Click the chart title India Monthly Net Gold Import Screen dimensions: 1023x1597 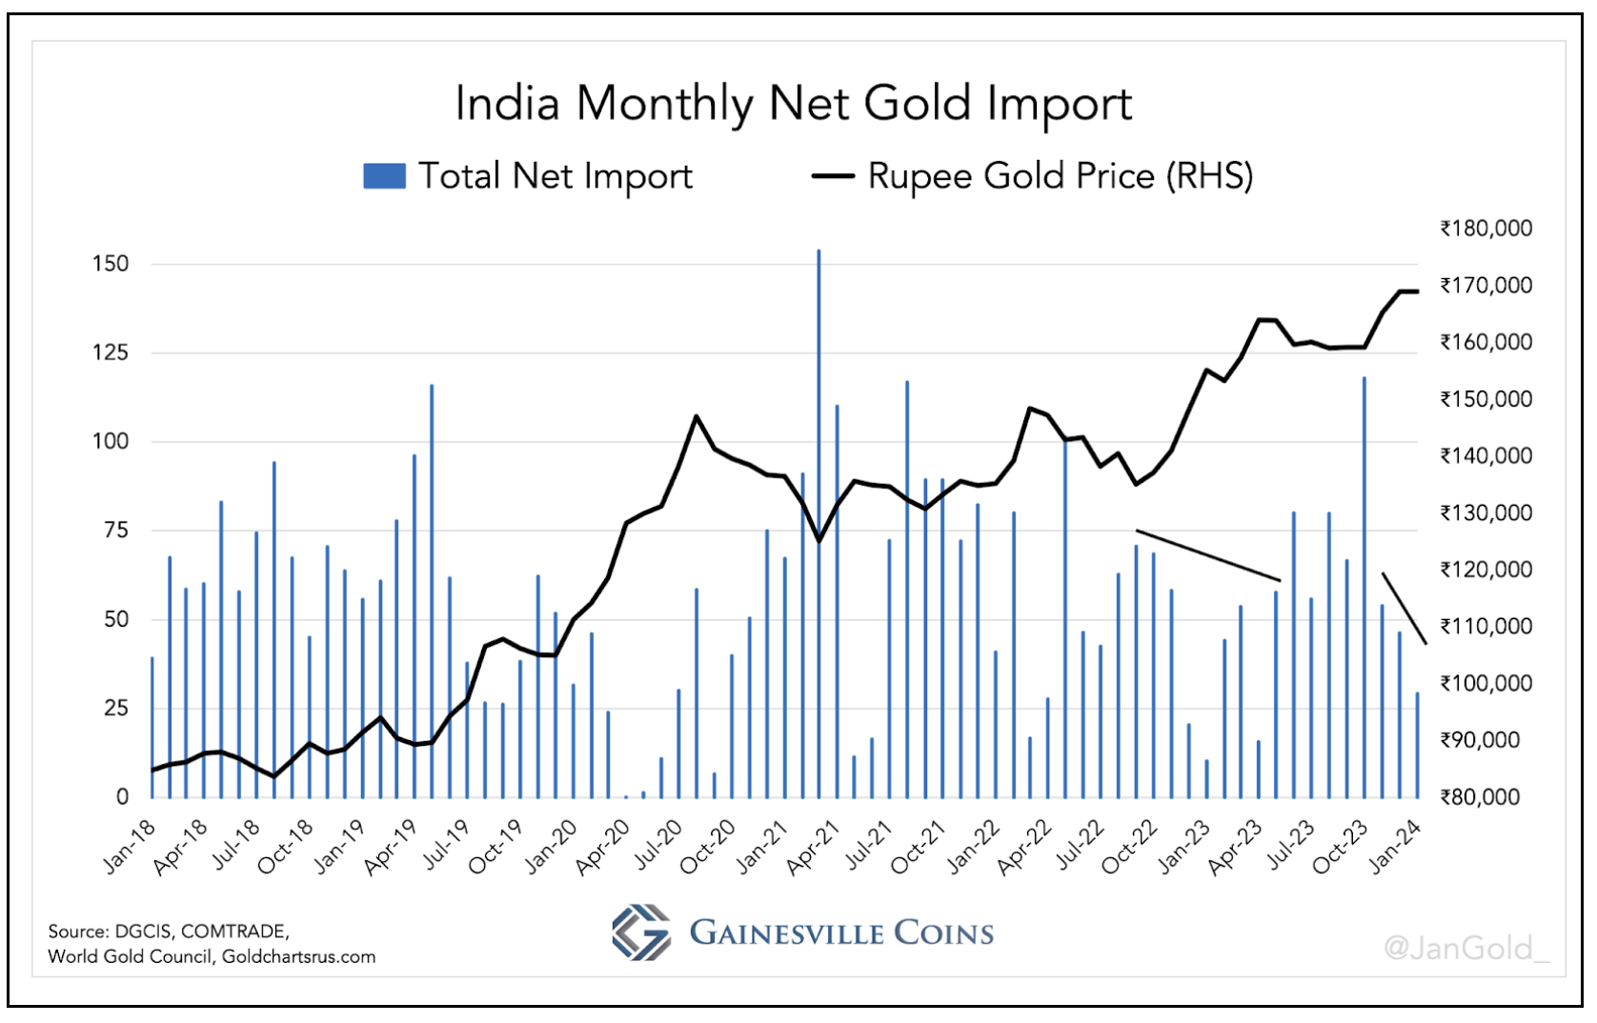(x=793, y=104)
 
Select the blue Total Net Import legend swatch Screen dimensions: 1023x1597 (x=384, y=176)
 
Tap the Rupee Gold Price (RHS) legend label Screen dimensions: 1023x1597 (x=1060, y=176)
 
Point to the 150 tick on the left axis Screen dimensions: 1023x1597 (x=111, y=264)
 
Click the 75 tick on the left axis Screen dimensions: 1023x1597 (x=115, y=531)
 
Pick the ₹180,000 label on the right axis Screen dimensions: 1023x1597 (x=1486, y=229)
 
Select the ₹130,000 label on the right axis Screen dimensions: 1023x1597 (x=1486, y=512)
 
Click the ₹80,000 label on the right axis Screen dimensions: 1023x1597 (x=1480, y=797)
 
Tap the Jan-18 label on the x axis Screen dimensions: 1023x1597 (x=130, y=846)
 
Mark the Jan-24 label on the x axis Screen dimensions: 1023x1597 (x=1394, y=846)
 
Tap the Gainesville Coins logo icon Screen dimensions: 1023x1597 (x=641, y=933)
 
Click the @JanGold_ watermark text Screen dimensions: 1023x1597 (x=1466, y=948)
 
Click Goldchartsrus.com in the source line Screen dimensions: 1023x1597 (x=298, y=956)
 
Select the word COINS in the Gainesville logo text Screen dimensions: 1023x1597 (x=943, y=933)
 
